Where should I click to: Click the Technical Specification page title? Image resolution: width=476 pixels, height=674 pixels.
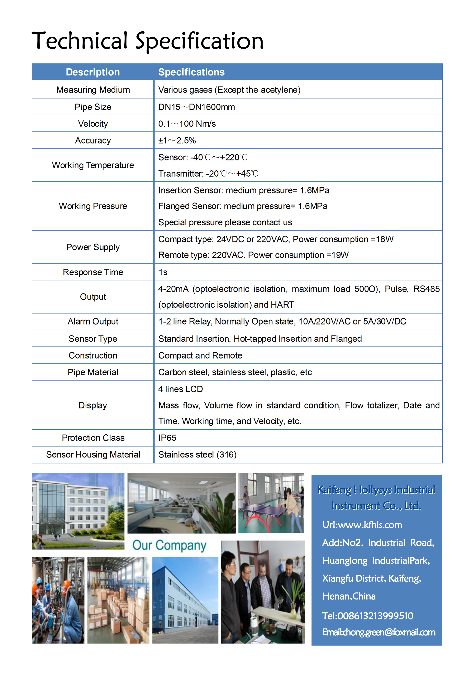click(148, 41)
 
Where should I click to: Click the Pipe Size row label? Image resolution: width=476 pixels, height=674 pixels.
click(93, 107)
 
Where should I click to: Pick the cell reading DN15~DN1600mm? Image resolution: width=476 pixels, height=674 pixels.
click(197, 107)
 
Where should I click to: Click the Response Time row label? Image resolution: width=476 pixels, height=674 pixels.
click(93, 272)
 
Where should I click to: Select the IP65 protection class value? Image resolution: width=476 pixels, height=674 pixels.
click(167, 438)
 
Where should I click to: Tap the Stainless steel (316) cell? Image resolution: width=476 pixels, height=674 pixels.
click(197, 454)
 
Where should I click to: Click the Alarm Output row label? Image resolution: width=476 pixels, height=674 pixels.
click(93, 321)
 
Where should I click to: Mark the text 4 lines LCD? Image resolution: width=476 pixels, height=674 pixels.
click(180, 389)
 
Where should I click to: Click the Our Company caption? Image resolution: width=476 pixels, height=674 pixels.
click(169, 545)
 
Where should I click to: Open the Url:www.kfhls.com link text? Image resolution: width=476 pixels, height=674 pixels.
click(362, 525)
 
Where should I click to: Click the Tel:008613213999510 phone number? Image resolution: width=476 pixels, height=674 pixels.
click(368, 616)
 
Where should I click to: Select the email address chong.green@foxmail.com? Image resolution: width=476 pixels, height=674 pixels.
click(379, 632)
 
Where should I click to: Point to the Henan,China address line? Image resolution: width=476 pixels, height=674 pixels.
click(349, 596)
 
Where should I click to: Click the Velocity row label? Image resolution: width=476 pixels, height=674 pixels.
click(93, 124)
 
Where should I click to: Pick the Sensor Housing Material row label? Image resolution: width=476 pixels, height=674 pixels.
click(93, 454)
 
